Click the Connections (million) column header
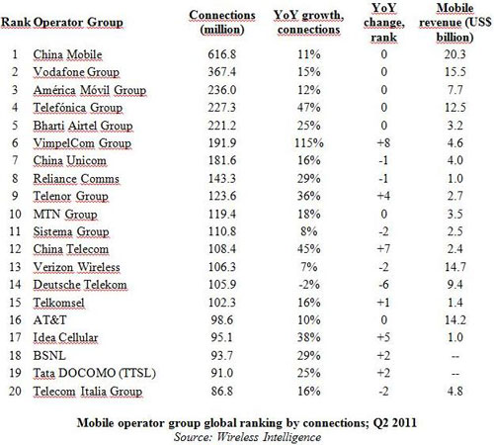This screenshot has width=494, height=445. pos(222,22)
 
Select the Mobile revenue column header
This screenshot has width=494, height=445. pos(455,23)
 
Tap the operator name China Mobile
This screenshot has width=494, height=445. pos(67,54)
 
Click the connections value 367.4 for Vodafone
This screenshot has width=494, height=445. pos(222,72)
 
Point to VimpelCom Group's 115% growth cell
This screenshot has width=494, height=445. pos(309,142)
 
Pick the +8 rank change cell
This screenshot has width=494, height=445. pos(383,142)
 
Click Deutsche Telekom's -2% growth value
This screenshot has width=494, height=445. pos(309,284)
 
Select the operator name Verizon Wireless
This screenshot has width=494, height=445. pos(76,267)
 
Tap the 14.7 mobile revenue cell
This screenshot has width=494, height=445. pos(455,267)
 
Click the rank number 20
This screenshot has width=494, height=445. pos(15,391)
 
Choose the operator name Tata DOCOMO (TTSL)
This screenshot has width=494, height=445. pos(94,373)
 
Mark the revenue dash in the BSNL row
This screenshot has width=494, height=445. pos(455,356)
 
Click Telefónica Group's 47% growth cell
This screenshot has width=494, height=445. pos(309,108)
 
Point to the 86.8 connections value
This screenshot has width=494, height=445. pos(222,391)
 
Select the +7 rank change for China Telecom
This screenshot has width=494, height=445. pos(383,249)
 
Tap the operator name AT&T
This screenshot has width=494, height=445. pos(49,319)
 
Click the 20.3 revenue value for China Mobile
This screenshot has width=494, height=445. pos(455,54)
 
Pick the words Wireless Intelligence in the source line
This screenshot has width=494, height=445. pos(269,437)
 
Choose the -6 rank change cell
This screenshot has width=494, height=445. pos(383,284)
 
